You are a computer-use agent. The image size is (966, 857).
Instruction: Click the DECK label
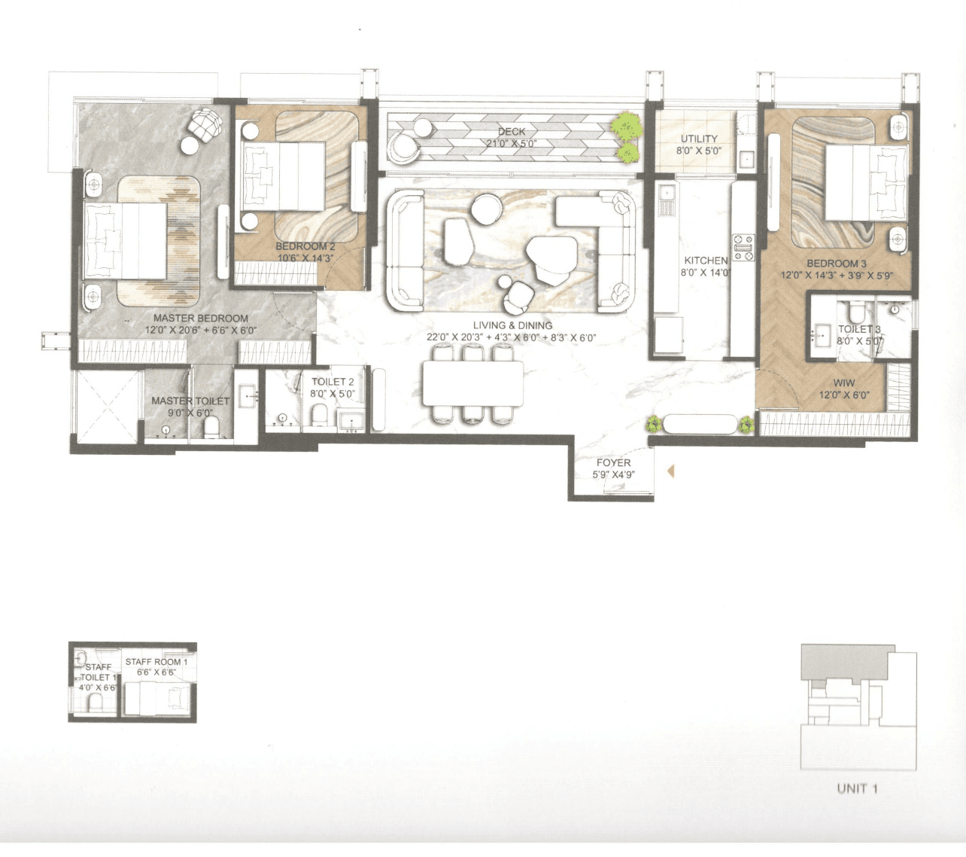click(512, 132)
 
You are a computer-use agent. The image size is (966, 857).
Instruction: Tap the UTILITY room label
click(699, 139)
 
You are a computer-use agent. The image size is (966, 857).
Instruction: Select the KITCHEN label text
click(705, 261)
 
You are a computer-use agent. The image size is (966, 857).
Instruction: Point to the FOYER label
click(613, 463)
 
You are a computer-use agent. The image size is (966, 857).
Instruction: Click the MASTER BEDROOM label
click(200, 319)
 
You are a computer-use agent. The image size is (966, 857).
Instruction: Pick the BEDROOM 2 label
click(305, 246)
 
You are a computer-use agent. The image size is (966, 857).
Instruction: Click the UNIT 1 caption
click(857, 788)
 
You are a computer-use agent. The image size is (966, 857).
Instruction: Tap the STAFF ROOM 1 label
click(153, 662)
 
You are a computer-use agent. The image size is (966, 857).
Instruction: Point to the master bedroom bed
click(126, 241)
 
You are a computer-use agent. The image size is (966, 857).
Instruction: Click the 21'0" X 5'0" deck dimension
click(511, 144)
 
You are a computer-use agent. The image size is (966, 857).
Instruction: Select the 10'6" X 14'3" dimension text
click(305, 258)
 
